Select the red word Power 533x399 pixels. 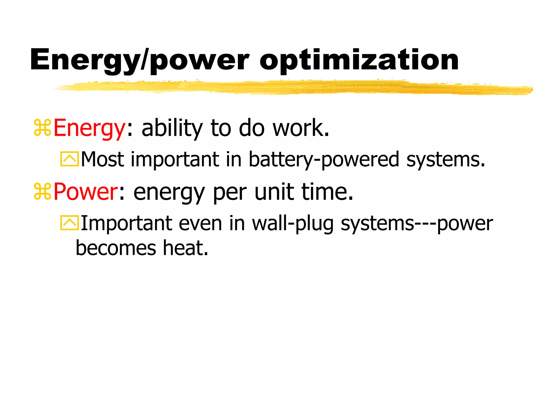86,192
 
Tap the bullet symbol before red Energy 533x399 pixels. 42,128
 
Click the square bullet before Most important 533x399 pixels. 69,159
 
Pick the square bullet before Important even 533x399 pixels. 69,223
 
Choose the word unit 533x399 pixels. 274,192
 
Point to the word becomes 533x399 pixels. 116,248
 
